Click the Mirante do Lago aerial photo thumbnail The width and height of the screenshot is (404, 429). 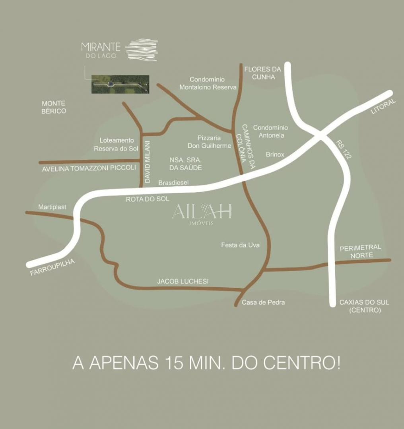pyautogui.click(x=120, y=84)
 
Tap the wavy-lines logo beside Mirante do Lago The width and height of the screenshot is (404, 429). pyautogui.click(x=142, y=50)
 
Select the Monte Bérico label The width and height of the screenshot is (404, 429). pyautogui.click(x=54, y=107)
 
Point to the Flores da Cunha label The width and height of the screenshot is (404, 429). pyautogui.click(x=262, y=73)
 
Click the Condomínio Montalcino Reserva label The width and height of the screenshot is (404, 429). pyautogui.click(x=208, y=83)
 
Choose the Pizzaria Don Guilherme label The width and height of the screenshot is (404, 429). pyautogui.click(x=209, y=142)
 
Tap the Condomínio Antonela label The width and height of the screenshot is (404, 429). pyautogui.click(x=270, y=131)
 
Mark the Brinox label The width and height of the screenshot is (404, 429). pyautogui.click(x=275, y=155)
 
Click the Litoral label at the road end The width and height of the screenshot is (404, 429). pyautogui.click(x=383, y=107)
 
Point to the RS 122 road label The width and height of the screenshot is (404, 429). pyautogui.click(x=343, y=149)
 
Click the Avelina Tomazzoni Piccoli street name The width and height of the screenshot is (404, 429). pyautogui.click(x=89, y=168)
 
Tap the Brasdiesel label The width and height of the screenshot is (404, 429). pyautogui.click(x=173, y=183)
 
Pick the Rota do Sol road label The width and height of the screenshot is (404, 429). pyautogui.click(x=147, y=199)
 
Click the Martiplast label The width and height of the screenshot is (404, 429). pyautogui.click(x=52, y=207)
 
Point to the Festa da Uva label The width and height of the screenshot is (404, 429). pyautogui.click(x=240, y=245)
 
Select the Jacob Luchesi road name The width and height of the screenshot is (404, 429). pyautogui.click(x=183, y=281)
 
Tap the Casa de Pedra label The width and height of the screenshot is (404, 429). pyautogui.click(x=263, y=302)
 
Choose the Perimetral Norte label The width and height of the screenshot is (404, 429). pyautogui.click(x=360, y=251)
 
